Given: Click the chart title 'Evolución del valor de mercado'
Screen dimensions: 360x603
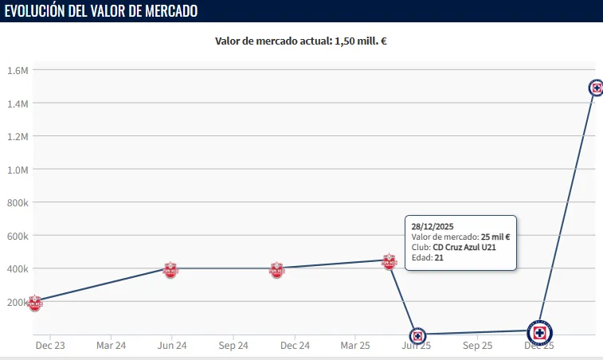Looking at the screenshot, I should pos(101,11).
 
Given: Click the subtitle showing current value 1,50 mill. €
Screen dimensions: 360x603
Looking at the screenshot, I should pos(301,41).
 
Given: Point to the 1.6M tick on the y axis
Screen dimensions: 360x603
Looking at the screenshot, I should pos(18,70).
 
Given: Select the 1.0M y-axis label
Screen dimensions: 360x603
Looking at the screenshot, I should pos(18,170).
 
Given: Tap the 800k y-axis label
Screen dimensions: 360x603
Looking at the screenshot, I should pos(18,203).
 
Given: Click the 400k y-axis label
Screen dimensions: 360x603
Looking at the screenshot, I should pos(18,269).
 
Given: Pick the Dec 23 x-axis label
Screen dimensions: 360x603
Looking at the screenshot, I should pos(50,346).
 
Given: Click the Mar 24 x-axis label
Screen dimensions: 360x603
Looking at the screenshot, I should pos(111,346).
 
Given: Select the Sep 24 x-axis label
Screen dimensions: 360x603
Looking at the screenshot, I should pos(233,346).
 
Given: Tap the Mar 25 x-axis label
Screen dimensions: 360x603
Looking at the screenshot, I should pos(355,346).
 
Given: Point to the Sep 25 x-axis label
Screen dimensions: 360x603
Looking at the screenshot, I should pos(477,346).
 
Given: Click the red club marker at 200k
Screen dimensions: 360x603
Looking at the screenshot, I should pos(35,303).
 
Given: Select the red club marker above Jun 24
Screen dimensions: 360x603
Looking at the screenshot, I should pos(170,270).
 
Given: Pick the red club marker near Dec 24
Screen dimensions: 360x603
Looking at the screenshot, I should pos(276,270).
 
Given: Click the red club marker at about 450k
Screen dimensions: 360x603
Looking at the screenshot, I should pos(389,261).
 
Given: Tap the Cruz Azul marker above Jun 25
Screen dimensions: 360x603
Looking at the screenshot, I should pos(417,336).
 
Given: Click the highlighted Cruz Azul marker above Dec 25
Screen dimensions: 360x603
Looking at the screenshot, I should pos(540,333).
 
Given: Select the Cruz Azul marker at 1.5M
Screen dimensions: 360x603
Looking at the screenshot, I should pos(596,88).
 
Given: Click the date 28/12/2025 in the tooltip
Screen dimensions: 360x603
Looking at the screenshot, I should pos(433,225).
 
